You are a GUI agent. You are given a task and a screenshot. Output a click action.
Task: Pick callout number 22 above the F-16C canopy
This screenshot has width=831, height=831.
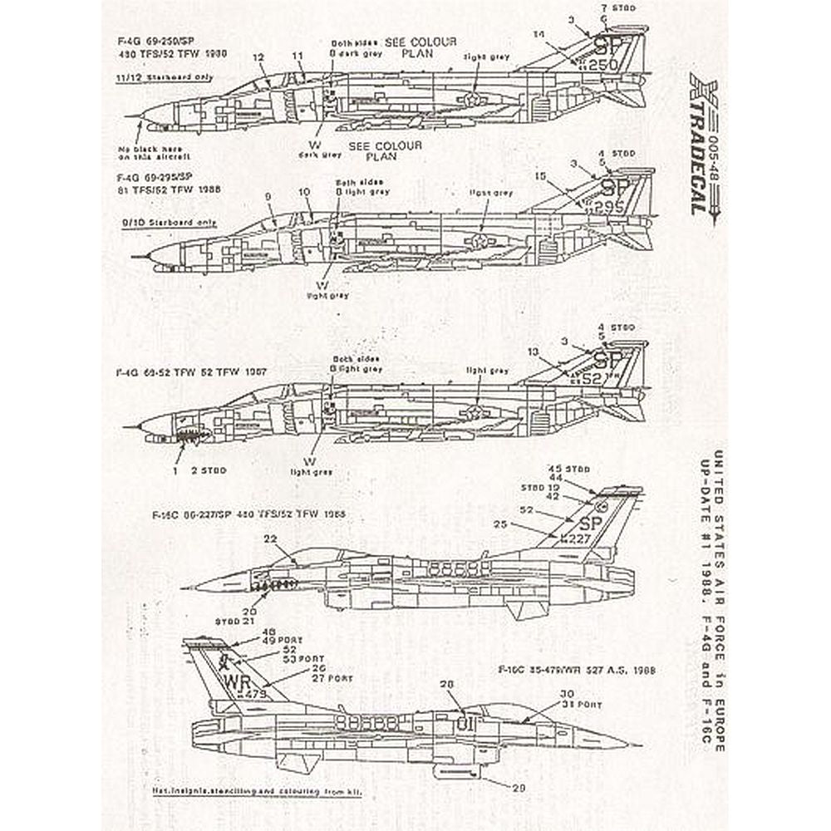[x=270, y=539]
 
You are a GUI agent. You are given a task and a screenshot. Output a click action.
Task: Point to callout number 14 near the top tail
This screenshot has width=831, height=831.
[x=540, y=35]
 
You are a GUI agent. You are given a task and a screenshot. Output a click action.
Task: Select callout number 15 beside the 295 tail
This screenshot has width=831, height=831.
[x=541, y=176]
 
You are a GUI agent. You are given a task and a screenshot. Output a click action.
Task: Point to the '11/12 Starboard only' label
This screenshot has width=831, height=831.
[x=164, y=77]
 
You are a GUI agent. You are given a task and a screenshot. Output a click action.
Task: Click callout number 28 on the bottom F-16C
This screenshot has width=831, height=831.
[x=447, y=684]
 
